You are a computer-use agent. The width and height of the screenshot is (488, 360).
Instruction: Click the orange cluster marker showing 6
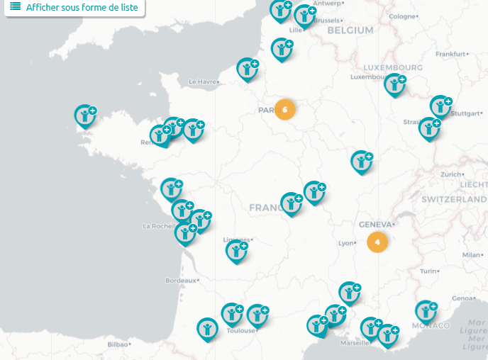(x=284, y=110)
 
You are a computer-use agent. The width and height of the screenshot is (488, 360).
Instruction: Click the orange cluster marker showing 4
(x=377, y=242)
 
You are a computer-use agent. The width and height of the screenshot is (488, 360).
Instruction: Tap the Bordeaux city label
(x=180, y=281)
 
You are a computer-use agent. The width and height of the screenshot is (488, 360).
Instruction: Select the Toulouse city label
(x=240, y=331)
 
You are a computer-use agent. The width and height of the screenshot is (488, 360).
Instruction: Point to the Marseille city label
(x=354, y=343)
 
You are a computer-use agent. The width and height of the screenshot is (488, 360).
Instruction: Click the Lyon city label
(x=346, y=243)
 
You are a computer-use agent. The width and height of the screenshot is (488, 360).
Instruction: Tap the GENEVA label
(x=375, y=225)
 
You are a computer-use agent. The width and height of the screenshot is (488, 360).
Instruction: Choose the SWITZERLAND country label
(x=454, y=201)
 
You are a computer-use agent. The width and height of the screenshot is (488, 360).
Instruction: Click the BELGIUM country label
(x=351, y=30)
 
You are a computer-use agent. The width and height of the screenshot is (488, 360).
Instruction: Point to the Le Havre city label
(x=201, y=82)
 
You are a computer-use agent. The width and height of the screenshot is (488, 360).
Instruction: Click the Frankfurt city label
(x=450, y=54)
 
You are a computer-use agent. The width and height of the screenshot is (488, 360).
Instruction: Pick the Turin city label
(x=428, y=271)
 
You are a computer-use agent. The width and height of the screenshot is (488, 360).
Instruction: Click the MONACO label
(x=431, y=325)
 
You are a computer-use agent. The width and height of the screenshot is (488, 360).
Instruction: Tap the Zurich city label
(x=450, y=174)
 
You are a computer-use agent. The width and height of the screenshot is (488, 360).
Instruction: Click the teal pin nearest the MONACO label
(x=425, y=310)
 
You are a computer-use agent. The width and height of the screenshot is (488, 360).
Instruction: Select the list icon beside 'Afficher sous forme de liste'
(x=15, y=6)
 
